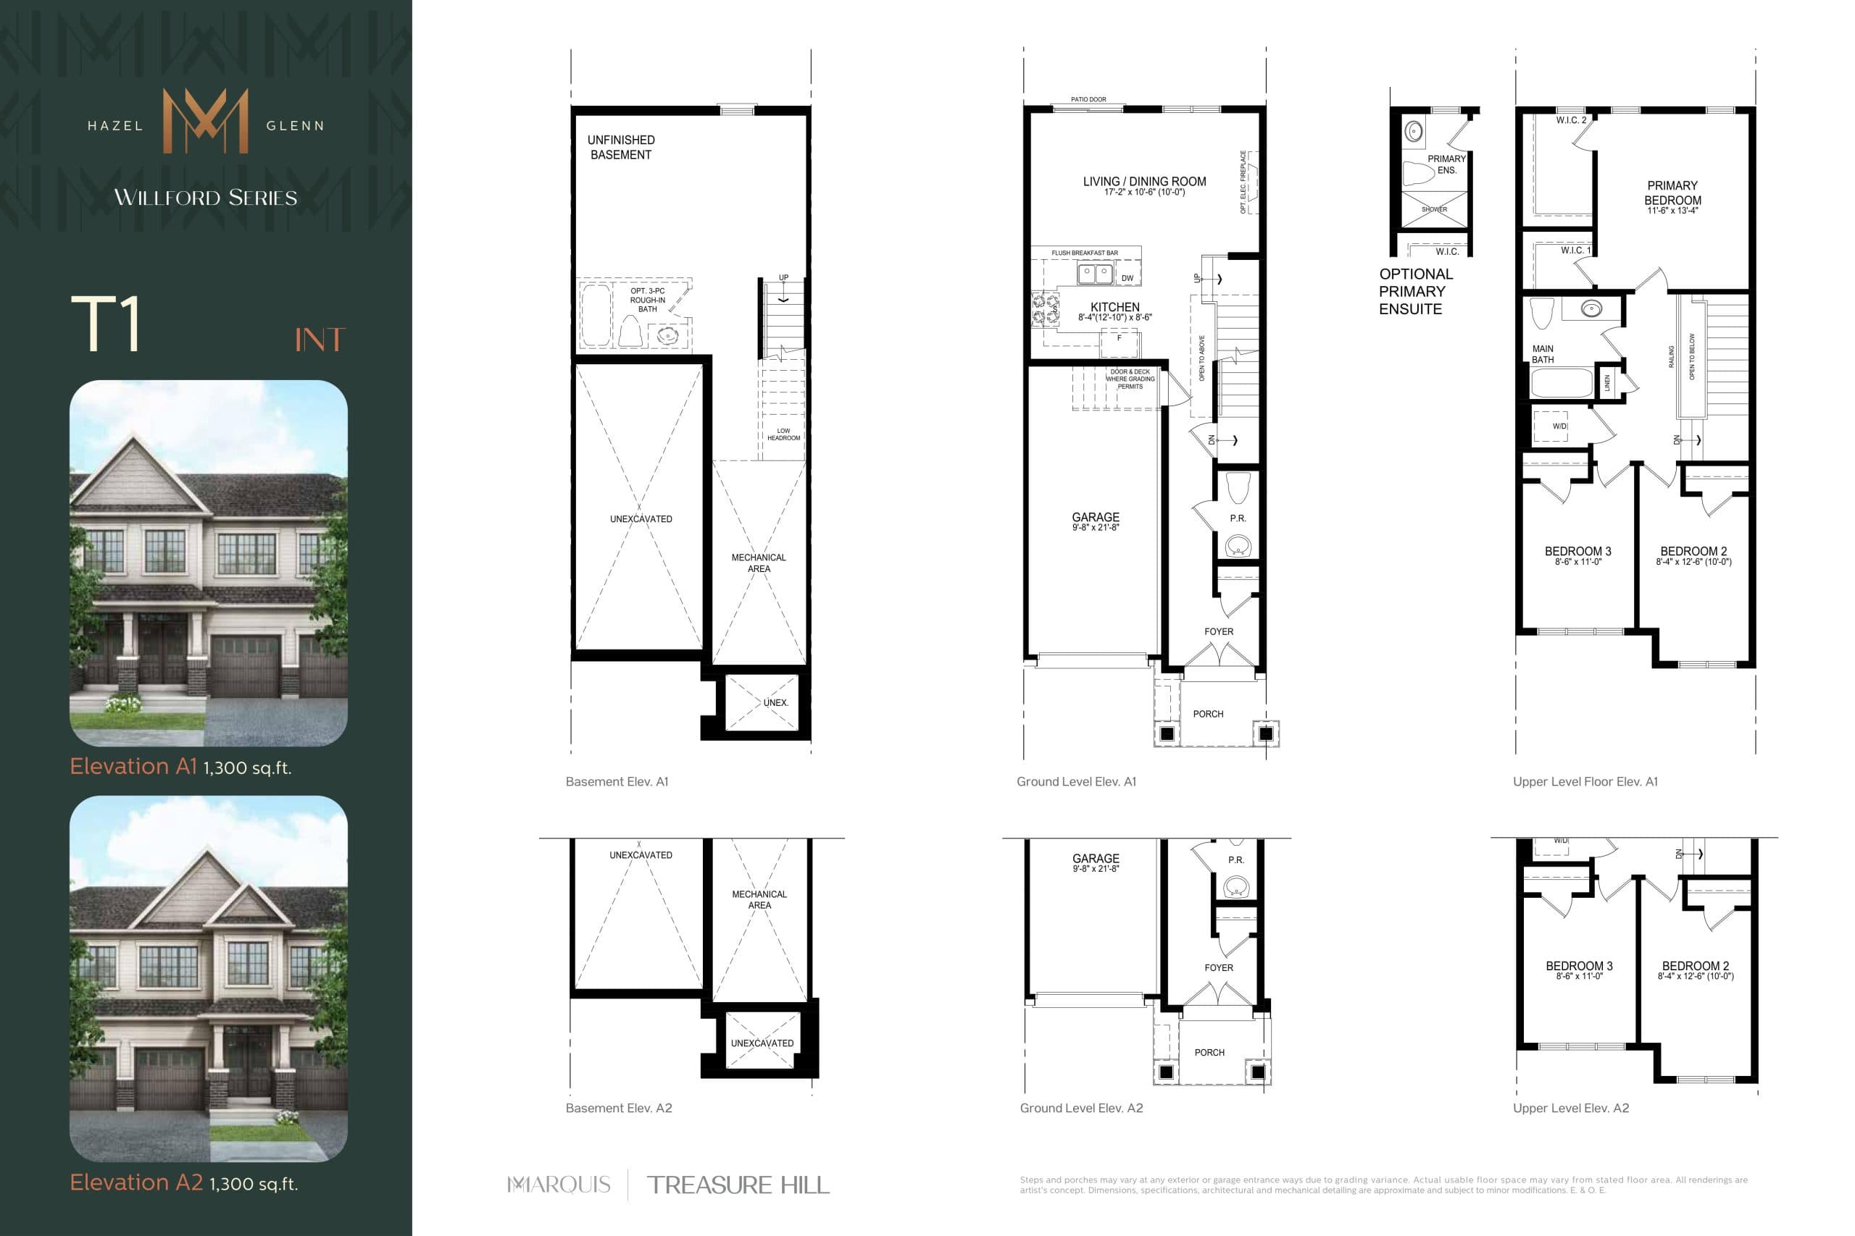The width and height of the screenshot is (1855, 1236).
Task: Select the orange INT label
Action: point(320,340)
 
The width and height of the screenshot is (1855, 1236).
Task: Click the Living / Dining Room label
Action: point(1143,182)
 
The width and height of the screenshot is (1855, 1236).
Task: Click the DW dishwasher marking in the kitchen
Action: point(1127,278)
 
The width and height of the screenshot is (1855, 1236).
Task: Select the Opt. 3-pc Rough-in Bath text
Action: point(648,300)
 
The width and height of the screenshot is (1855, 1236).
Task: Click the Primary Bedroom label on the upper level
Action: point(1672,193)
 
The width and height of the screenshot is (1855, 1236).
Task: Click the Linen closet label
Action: point(1607,383)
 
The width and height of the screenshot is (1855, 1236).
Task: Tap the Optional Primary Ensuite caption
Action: point(1415,292)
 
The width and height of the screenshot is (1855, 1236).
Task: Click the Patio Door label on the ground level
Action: point(1088,100)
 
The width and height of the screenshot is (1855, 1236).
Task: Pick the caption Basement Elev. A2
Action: point(618,1108)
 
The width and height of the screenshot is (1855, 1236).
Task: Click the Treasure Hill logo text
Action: point(738,1185)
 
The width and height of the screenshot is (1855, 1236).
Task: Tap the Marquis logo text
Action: point(559,1185)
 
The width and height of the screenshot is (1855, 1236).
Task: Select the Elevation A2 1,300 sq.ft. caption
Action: point(184,1183)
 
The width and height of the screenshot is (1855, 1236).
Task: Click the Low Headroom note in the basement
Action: point(783,434)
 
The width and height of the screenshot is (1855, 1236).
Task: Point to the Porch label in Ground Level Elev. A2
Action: point(1209,1052)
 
